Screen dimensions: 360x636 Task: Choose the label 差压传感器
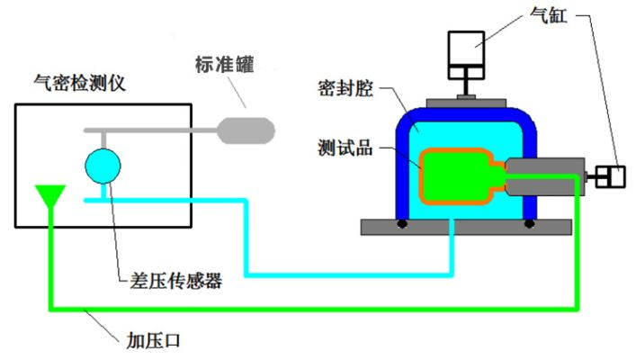[170, 280]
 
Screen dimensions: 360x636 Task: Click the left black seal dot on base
[402, 222]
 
